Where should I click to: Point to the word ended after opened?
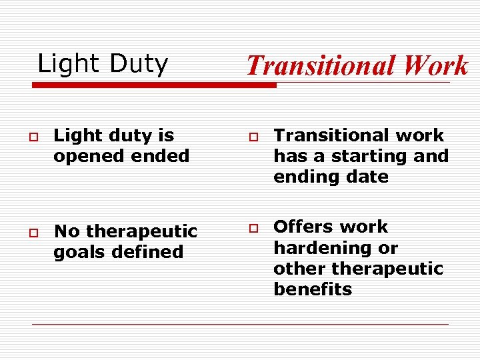160,156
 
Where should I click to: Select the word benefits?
312,289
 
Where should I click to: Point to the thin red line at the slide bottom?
240,324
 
